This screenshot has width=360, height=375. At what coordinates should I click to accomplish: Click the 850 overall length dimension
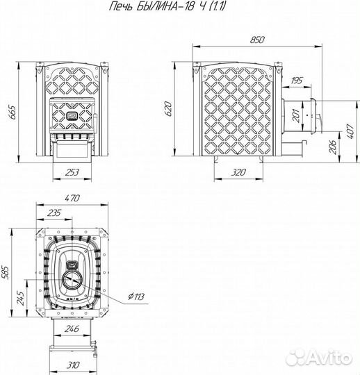point(257,40)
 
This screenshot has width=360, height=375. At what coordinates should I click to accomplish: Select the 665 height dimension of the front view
point(12,112)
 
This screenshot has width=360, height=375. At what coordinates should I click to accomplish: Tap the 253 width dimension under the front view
point(72,172)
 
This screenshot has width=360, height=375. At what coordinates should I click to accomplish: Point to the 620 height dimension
point(168,108)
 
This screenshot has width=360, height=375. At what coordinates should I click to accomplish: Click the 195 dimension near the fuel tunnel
point(297,81)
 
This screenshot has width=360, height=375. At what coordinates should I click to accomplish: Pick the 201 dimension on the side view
point(296,115)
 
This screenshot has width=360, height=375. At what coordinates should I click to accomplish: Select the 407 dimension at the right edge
point(350,131)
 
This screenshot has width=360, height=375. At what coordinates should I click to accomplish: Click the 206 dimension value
point(332,147)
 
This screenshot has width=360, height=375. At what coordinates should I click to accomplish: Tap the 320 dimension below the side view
point(238,172)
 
